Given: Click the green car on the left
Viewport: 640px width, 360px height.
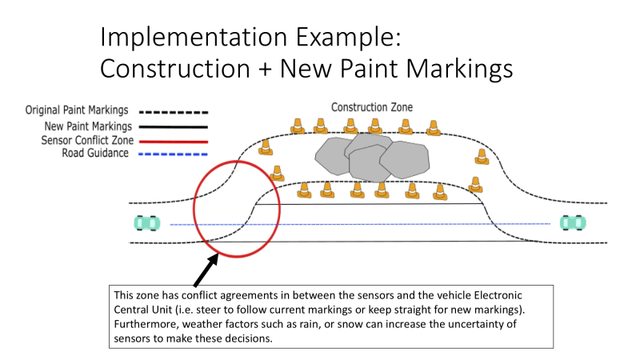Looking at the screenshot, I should (x=145, y=223).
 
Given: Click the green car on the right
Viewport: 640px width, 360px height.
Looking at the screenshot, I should (x=572, y=223).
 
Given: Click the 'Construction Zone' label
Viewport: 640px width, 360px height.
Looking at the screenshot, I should (x=373, y=107).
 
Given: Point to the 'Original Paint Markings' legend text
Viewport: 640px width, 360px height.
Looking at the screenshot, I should (x=78, y=110).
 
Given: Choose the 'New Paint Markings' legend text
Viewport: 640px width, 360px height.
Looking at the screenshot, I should (x=87, y=126).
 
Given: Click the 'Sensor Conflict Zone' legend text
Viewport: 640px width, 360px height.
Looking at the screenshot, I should (x=84, y=140).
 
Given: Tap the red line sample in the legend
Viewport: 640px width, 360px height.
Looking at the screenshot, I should (x=173, y=141).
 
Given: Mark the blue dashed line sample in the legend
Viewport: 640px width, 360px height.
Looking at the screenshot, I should (x=173, y=154).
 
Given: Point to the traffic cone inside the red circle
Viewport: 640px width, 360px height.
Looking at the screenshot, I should (x=277, y=173).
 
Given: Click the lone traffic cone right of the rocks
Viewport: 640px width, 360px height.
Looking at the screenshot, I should (x=481, y=157).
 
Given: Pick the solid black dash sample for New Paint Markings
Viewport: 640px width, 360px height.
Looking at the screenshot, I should (x=173, y=126).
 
